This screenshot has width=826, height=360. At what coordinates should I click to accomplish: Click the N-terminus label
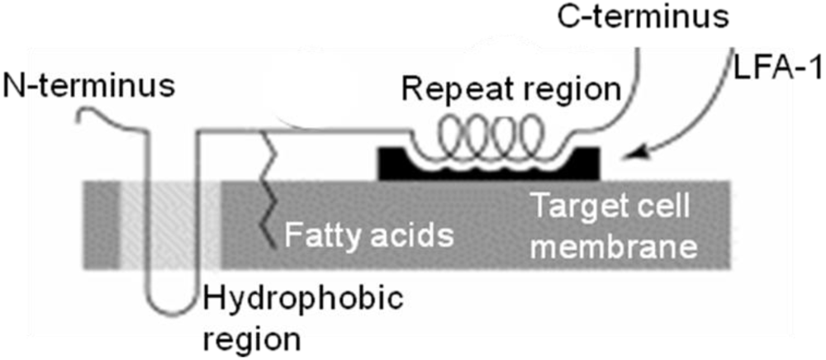(88, 85)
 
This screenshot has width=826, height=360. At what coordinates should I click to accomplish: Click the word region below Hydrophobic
(250, 337)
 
